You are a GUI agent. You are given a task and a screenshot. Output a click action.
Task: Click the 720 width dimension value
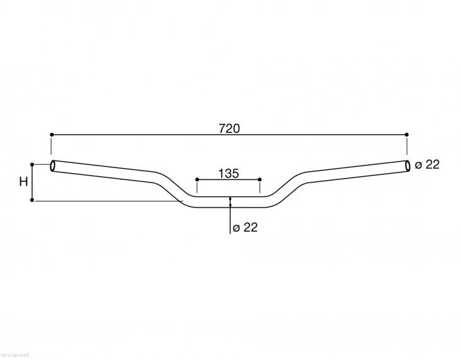click(x=229, y=128)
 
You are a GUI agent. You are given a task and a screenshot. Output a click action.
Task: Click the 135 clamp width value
click(x=229, y=174)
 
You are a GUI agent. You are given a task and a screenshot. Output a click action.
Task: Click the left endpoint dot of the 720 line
click(x=51, y=135)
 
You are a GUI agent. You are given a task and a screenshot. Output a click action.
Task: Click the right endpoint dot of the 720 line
click(x=407, y=135)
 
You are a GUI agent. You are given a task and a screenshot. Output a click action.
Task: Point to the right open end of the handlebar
click(x=407, y=166)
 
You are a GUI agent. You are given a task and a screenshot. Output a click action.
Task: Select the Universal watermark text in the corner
click(x=14, y=356)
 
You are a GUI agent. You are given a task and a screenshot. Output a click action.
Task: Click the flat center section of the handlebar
click(x=229, y=202)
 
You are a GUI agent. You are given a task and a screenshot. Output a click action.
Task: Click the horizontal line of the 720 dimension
click(x=157, y=135)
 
